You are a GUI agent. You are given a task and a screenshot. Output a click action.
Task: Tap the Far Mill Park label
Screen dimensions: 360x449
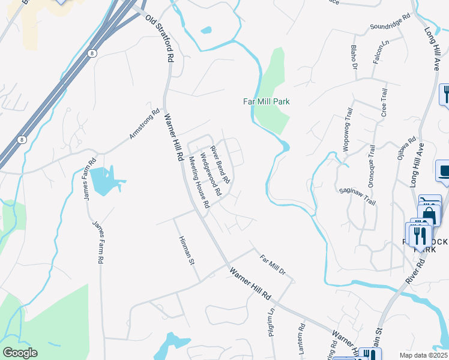(x=266, y=101)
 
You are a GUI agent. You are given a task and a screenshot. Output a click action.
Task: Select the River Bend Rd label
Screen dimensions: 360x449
(x=219, y=164)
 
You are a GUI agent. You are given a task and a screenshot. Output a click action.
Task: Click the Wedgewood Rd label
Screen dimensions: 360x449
(x=211, y=175)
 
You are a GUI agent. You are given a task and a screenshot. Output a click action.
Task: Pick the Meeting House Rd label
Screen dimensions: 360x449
(x=199, y=182)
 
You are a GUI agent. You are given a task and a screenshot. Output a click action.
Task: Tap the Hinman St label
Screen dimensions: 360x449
(x=188, y=250)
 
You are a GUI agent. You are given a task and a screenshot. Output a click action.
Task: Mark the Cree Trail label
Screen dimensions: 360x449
(x=384, y=103)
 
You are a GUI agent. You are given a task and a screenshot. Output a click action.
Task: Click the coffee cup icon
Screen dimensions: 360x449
(x=445, y=172)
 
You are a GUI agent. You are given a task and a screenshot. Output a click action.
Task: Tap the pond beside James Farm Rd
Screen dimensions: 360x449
(x=106, y=180)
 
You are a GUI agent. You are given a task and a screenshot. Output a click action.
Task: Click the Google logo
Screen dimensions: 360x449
(x=19, y=353)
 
